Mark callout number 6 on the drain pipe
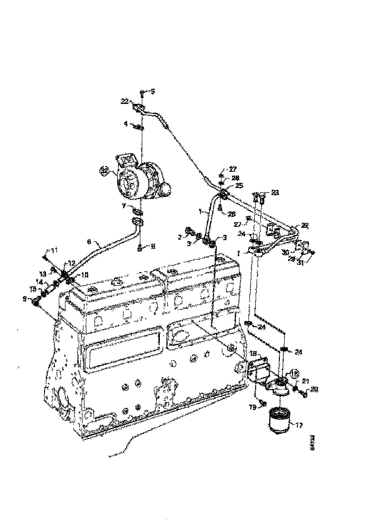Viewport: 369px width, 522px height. click(x=89, y=242)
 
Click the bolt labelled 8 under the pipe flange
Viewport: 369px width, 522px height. click(x=140, y=246)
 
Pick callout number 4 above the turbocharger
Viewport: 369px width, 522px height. click(x=126, y=124)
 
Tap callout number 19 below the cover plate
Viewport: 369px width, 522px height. click(x=253, y=407)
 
